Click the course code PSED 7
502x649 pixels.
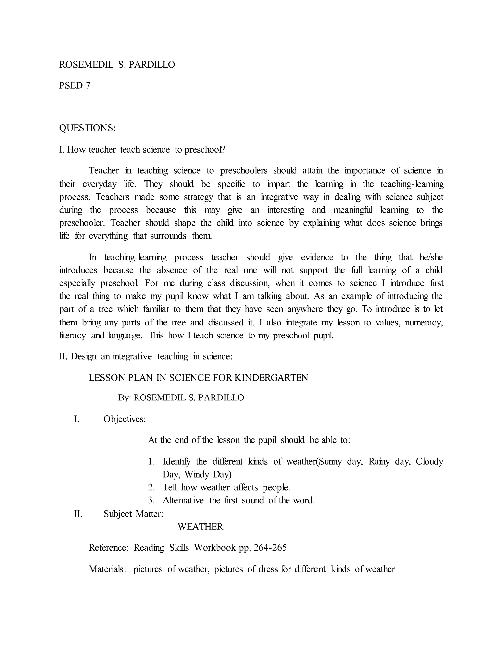(x=75, y=85)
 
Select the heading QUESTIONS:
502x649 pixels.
(x=87, y=128)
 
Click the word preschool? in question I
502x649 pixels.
(x=205, y=149)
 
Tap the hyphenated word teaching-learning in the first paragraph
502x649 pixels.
(x=412, y=184)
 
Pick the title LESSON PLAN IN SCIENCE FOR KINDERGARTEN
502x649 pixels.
(x=198, y=378)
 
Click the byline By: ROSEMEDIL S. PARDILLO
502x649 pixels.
(x=181, y=397)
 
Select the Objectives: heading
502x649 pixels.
(x=125, y=419)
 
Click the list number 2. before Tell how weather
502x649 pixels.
(x=152, y=487)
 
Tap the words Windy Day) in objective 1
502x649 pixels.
(x=208, y=474)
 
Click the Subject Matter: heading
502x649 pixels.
(x=133, y=514)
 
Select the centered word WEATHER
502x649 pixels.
(x=200, y=527)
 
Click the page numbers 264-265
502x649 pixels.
(x=271, y=547)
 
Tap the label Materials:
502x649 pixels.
(x=108, y=569)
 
